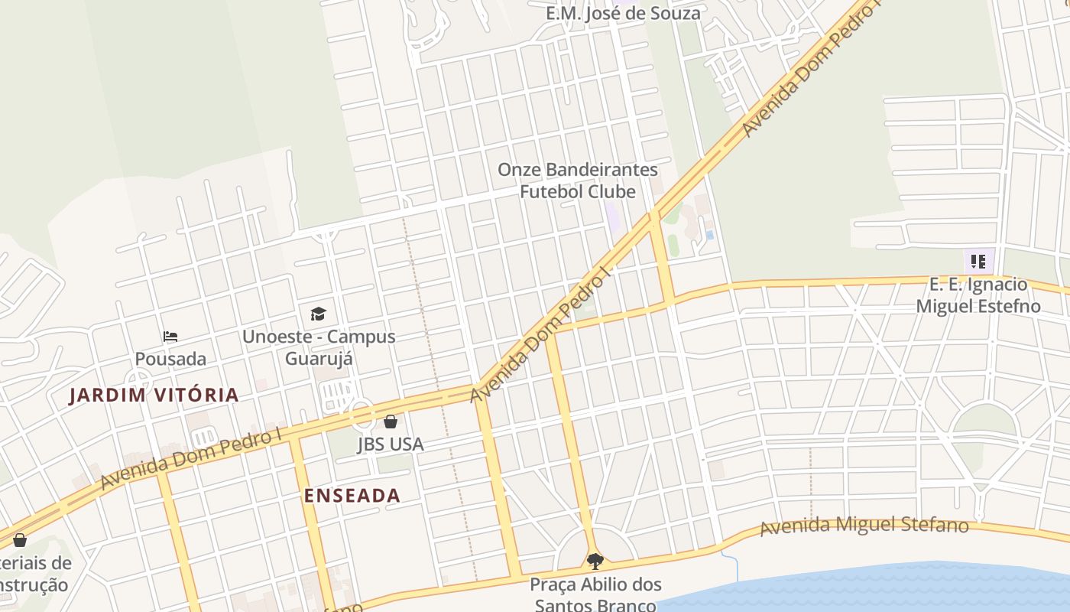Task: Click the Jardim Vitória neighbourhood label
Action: click(154, 396)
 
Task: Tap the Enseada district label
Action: click(352, 496)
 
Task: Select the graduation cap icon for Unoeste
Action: click(318, 314)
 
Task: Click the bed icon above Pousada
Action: click(170, 337)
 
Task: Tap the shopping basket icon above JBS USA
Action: click(391, 422)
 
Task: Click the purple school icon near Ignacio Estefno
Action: click(978, 262)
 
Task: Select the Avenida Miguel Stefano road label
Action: click(864, 526)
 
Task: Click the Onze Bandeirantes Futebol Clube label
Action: click(578, 181)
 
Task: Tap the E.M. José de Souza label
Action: click(623, 13)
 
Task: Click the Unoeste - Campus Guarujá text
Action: click(318, 347)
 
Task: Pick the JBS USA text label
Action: click(390, 444)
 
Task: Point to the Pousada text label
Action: click(170, 359)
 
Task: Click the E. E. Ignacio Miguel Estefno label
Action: click(978, 295)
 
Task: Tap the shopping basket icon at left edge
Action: click(20, 540)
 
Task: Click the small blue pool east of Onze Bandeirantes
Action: click(709, 235)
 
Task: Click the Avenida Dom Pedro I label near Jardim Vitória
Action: click(191, 459)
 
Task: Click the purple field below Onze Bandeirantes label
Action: click(612, 215)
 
